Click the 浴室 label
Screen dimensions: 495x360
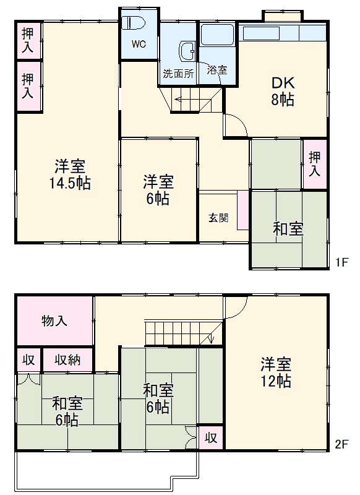[x=216, y=70]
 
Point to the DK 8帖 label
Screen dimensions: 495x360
[x=281, y=91]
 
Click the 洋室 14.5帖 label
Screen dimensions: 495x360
[x=70, y=174]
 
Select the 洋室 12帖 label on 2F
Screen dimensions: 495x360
[x=276, y=372]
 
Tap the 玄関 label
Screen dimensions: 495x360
[x=218, y=218]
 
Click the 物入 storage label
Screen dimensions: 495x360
[x=54, y=321]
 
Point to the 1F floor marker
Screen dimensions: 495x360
[x=343, y=262]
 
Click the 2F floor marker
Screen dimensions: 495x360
[x=343, y=444]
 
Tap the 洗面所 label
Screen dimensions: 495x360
[x=178, y=72]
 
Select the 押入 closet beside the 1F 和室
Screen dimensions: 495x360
[x=315, y=163]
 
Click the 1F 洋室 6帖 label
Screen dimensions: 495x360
[x=158, y=190]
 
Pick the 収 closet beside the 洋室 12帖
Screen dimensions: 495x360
[x=211, y=437]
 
